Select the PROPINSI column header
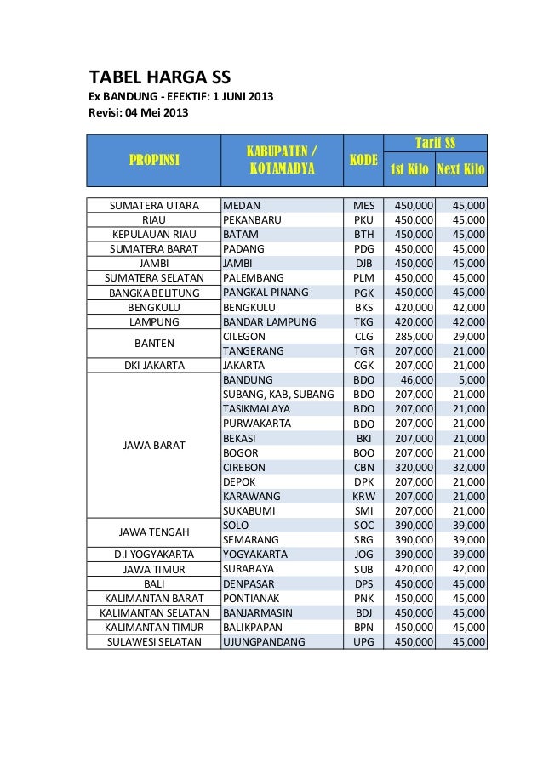tap(154, 160)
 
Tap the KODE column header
tap(363, 160)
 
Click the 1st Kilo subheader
tap(409, 170)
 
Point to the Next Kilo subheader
tap(460, 170)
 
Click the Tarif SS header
tap(435, 142)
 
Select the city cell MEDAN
tap(242, 205)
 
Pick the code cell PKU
tap(363, 219)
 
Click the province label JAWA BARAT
tap(153, 445)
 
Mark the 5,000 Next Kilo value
tap(472, 379)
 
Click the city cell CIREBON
tap(244, 467)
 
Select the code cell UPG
tap(363, 641)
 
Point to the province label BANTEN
tap(153, 344)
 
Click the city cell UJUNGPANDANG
tap(263, 641)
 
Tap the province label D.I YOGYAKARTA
tap(153, 555)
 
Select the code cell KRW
tap(363, 496)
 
